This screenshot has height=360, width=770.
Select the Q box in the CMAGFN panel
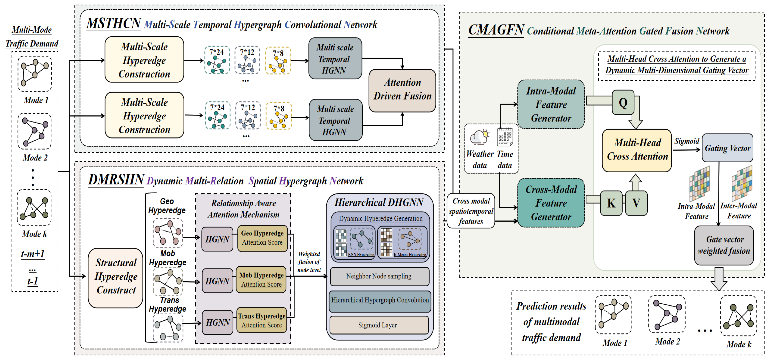coord(623,103)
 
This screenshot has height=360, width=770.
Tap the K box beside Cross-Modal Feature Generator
coord(611,203)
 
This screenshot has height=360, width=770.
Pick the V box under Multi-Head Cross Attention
coord(636,203)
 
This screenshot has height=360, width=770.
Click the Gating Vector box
coord(727,148)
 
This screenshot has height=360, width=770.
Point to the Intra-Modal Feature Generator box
coord(551,104)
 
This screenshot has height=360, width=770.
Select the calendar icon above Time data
coord(505,137)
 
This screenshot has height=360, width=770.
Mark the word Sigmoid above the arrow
coord(687,141)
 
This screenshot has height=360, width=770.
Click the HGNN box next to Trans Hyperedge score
coord(218,322)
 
